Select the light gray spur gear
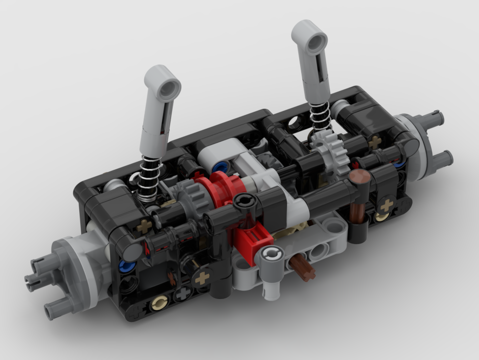(x=330, y=152)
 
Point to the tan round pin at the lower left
(x=158, y=305)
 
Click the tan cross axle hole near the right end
(x=387, y=205)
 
